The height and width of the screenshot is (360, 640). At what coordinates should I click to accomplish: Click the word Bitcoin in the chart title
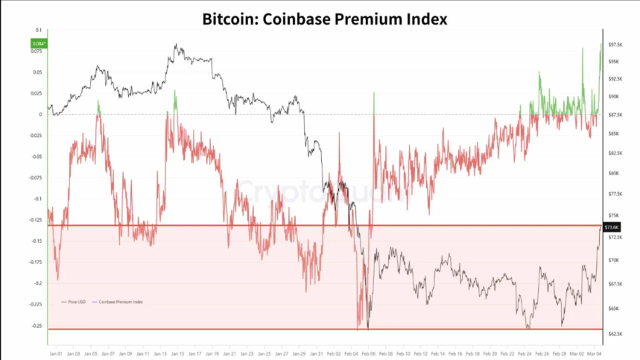[229, 19]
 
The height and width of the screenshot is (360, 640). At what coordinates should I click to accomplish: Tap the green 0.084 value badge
[37, 44]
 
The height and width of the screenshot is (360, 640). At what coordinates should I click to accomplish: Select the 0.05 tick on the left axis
[38, 72]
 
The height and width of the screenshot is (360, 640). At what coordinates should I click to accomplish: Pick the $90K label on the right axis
[612, 96]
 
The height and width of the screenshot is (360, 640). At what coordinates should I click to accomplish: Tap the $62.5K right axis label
[614, 333]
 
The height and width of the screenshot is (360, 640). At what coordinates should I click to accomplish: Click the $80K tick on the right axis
[612, 173]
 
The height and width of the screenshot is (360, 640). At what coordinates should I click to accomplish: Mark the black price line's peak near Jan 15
[177, 45]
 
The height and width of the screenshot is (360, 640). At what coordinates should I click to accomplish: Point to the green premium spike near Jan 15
[175, 101]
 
